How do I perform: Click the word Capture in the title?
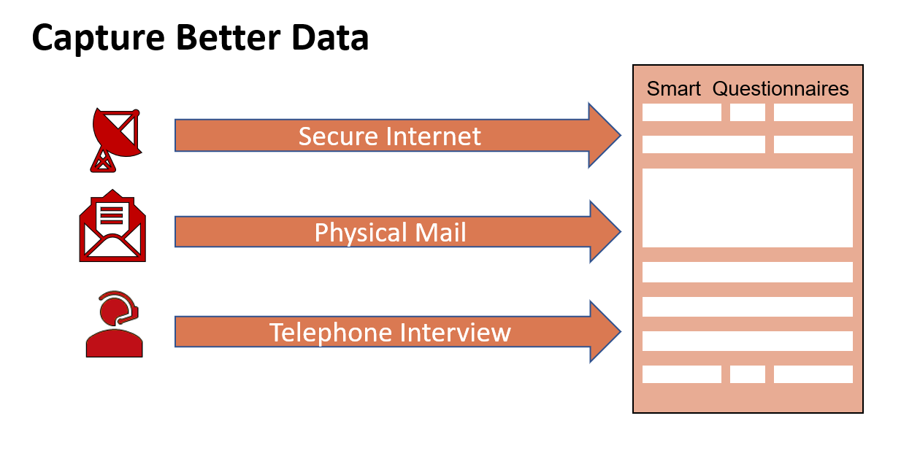click(x=98, y=38)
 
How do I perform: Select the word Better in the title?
click(x=229, y=37)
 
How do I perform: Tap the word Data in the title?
click(x=330, y=37)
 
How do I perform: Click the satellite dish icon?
click(x=116, y=140)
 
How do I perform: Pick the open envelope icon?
click(x=112, y=225)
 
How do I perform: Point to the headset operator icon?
click(x=114, y=324)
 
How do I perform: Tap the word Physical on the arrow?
click(x=360, y=233)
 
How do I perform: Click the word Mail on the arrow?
click(x=440, y=232)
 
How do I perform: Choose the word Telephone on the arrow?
click(x=330, y=332)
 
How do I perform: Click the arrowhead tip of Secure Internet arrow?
click(x=621, y=135)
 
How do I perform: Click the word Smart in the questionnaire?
click(x=673, y=89)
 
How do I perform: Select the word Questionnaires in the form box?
click(x=781, y=89)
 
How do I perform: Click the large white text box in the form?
click(x=748, y=208)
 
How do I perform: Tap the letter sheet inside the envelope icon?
click(x=112, y=217)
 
